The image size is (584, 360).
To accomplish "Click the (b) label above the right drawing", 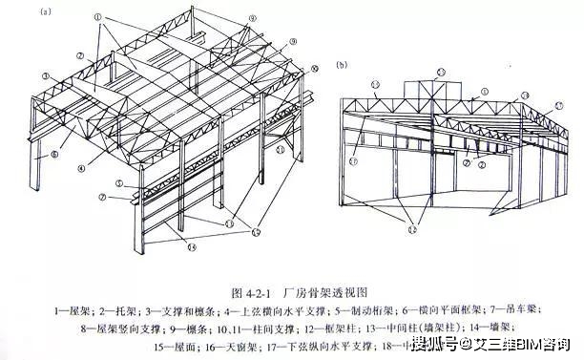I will (x=341, y=66).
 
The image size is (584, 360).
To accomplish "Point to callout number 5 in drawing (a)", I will (x=118, y=183).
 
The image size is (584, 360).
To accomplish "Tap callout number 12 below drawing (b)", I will (x=412, y=230).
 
